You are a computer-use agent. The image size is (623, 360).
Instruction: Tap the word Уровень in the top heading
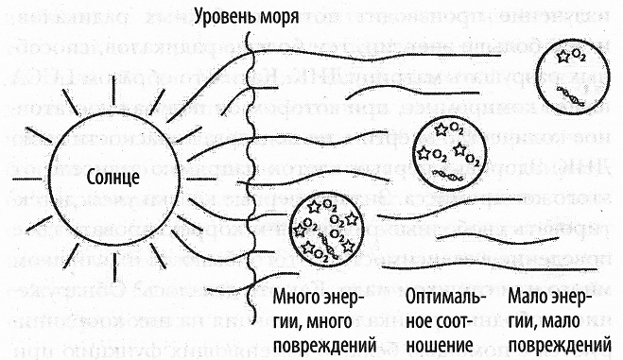pos(227,15)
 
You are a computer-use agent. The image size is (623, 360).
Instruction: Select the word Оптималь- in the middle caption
pos(442,300)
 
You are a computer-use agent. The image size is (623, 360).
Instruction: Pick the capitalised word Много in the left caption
pos(294,300)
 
